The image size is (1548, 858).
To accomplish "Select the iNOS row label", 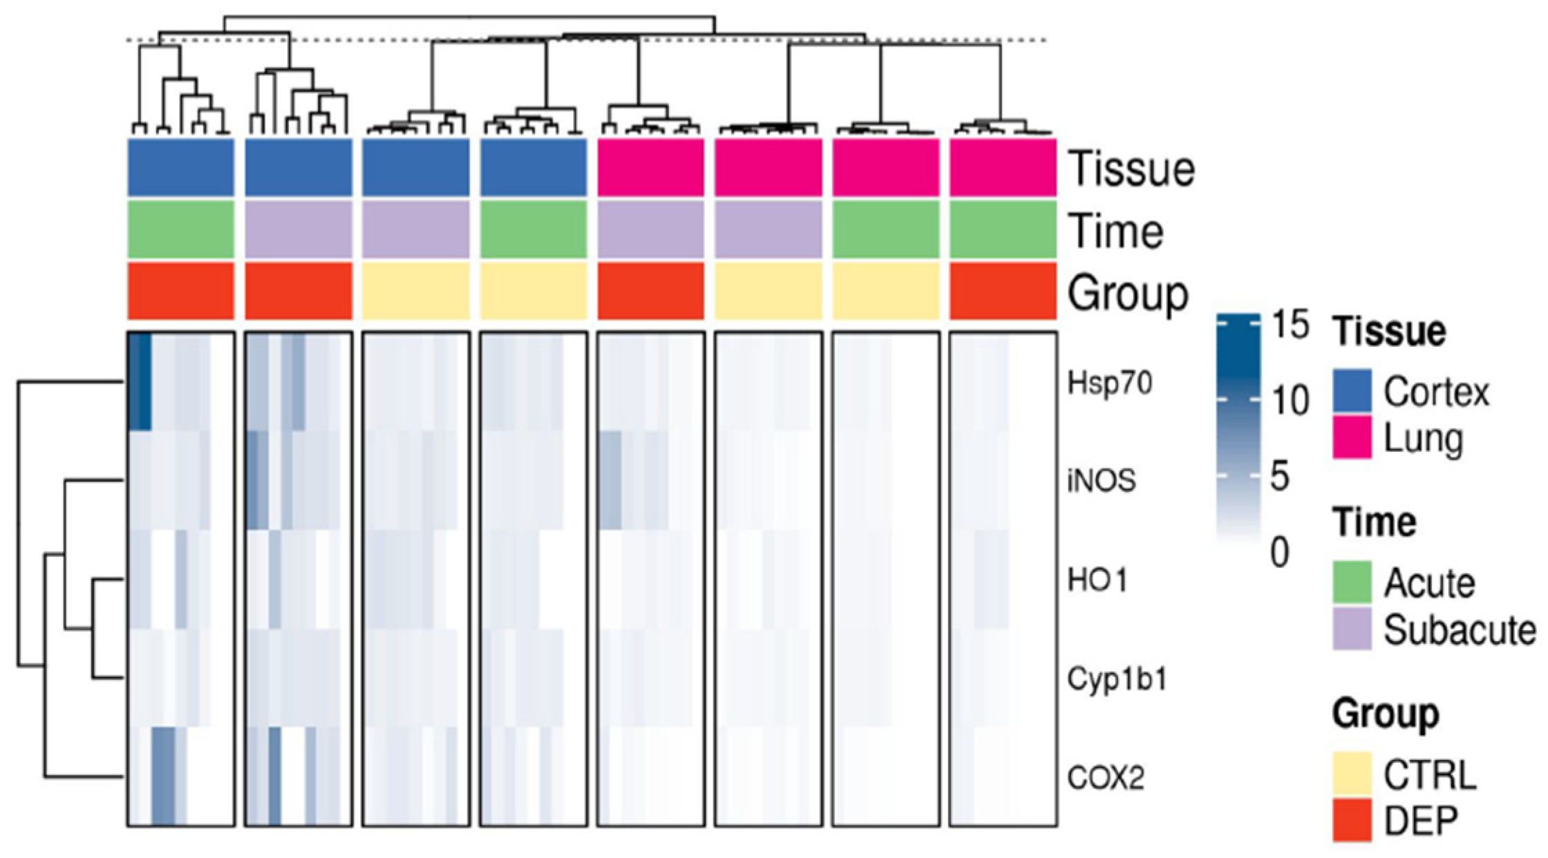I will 1102,481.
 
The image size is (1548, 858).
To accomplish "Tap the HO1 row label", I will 1097,580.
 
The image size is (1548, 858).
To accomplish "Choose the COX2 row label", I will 1106,779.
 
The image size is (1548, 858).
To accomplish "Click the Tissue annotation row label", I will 1131,169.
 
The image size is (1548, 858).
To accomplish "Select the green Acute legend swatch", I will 1352,583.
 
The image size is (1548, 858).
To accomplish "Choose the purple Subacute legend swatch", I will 1352,629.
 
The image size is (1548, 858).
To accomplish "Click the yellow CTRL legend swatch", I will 1352,775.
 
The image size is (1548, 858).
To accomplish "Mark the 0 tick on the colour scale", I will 1280,553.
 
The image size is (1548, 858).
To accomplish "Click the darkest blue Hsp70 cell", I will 140,381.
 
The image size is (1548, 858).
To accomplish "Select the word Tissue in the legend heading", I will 1389,332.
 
